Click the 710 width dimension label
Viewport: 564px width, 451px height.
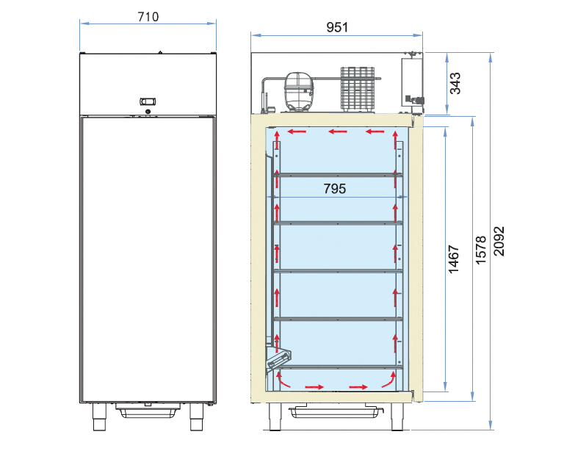tap(148, 17)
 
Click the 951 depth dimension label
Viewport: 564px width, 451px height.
tap(337, 27)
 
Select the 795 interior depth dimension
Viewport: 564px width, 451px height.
tap(335, 189)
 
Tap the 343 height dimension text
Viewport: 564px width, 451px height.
tap(455, 83)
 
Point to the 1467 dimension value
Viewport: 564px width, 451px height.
tap(454, 259)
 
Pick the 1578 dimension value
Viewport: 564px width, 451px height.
tap(481, 250)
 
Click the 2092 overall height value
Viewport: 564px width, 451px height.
tap(499, 241)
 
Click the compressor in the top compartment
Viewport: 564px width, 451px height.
tap(299, 92)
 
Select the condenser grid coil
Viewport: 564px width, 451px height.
tap(358, 88)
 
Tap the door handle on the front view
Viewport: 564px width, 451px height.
tap(148, 101)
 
